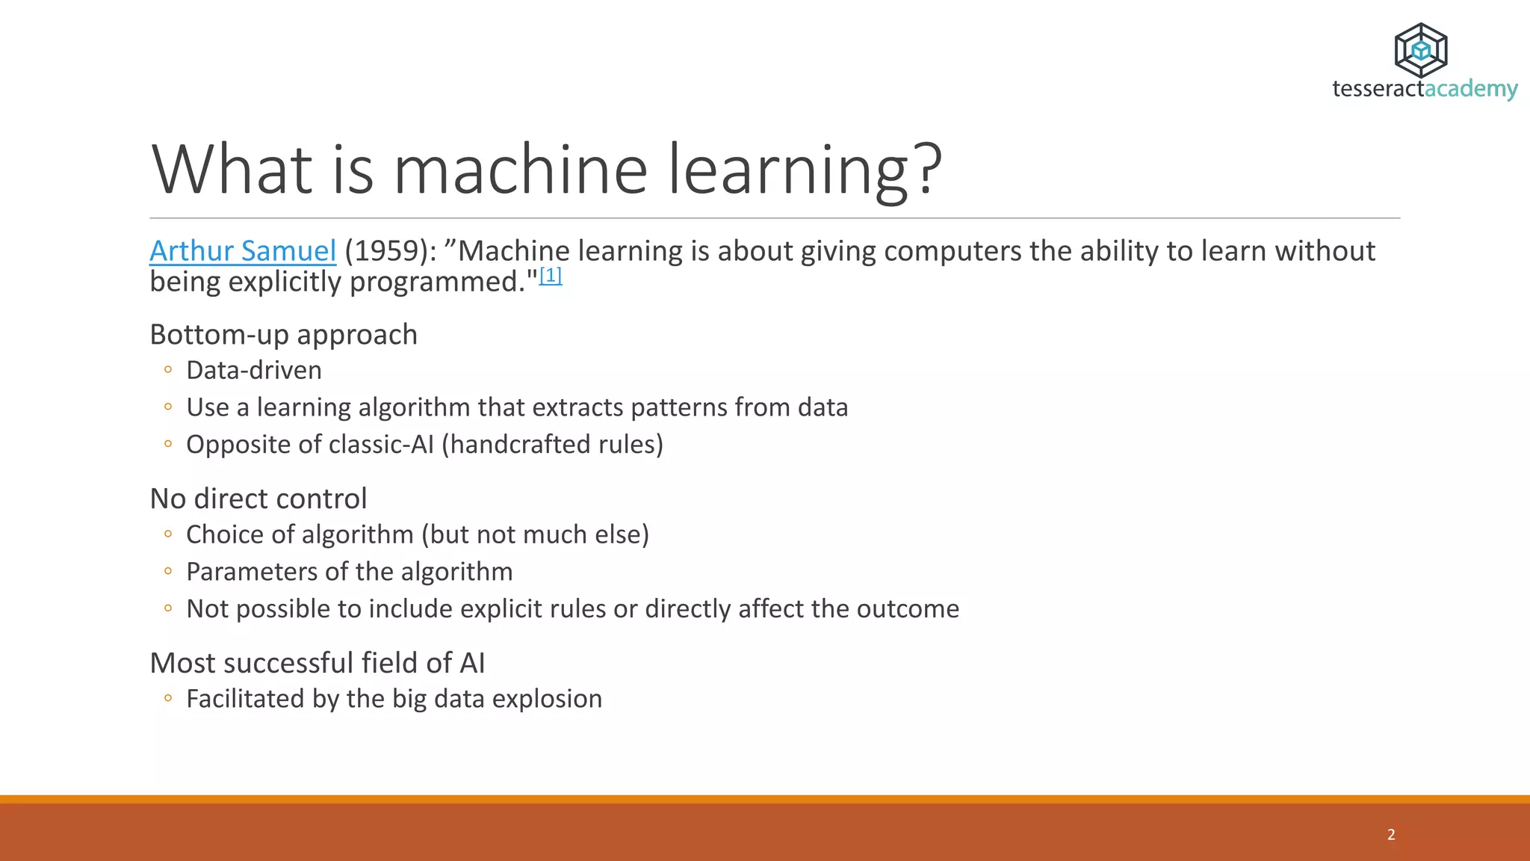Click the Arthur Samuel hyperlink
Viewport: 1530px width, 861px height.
click(242, 251)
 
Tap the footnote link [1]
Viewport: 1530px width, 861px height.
click(551, 276)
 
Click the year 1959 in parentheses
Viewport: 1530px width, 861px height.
click(386, 251)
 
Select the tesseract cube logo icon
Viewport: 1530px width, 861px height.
click(1421, 50)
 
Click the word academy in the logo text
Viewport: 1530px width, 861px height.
click(1471, 89)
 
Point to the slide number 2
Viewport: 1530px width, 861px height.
click(1391, 835)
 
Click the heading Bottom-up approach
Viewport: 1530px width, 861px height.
click(283, 335)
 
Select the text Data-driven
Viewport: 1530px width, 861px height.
click(253, 371)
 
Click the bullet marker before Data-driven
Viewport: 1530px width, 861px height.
click(168, 370)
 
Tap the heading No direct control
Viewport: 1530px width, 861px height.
click(258, 499)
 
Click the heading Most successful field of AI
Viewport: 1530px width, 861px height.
click(317, 664)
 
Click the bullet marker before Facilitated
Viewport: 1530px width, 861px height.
click(168, 699)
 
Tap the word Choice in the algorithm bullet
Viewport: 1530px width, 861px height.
click(224, 535)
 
